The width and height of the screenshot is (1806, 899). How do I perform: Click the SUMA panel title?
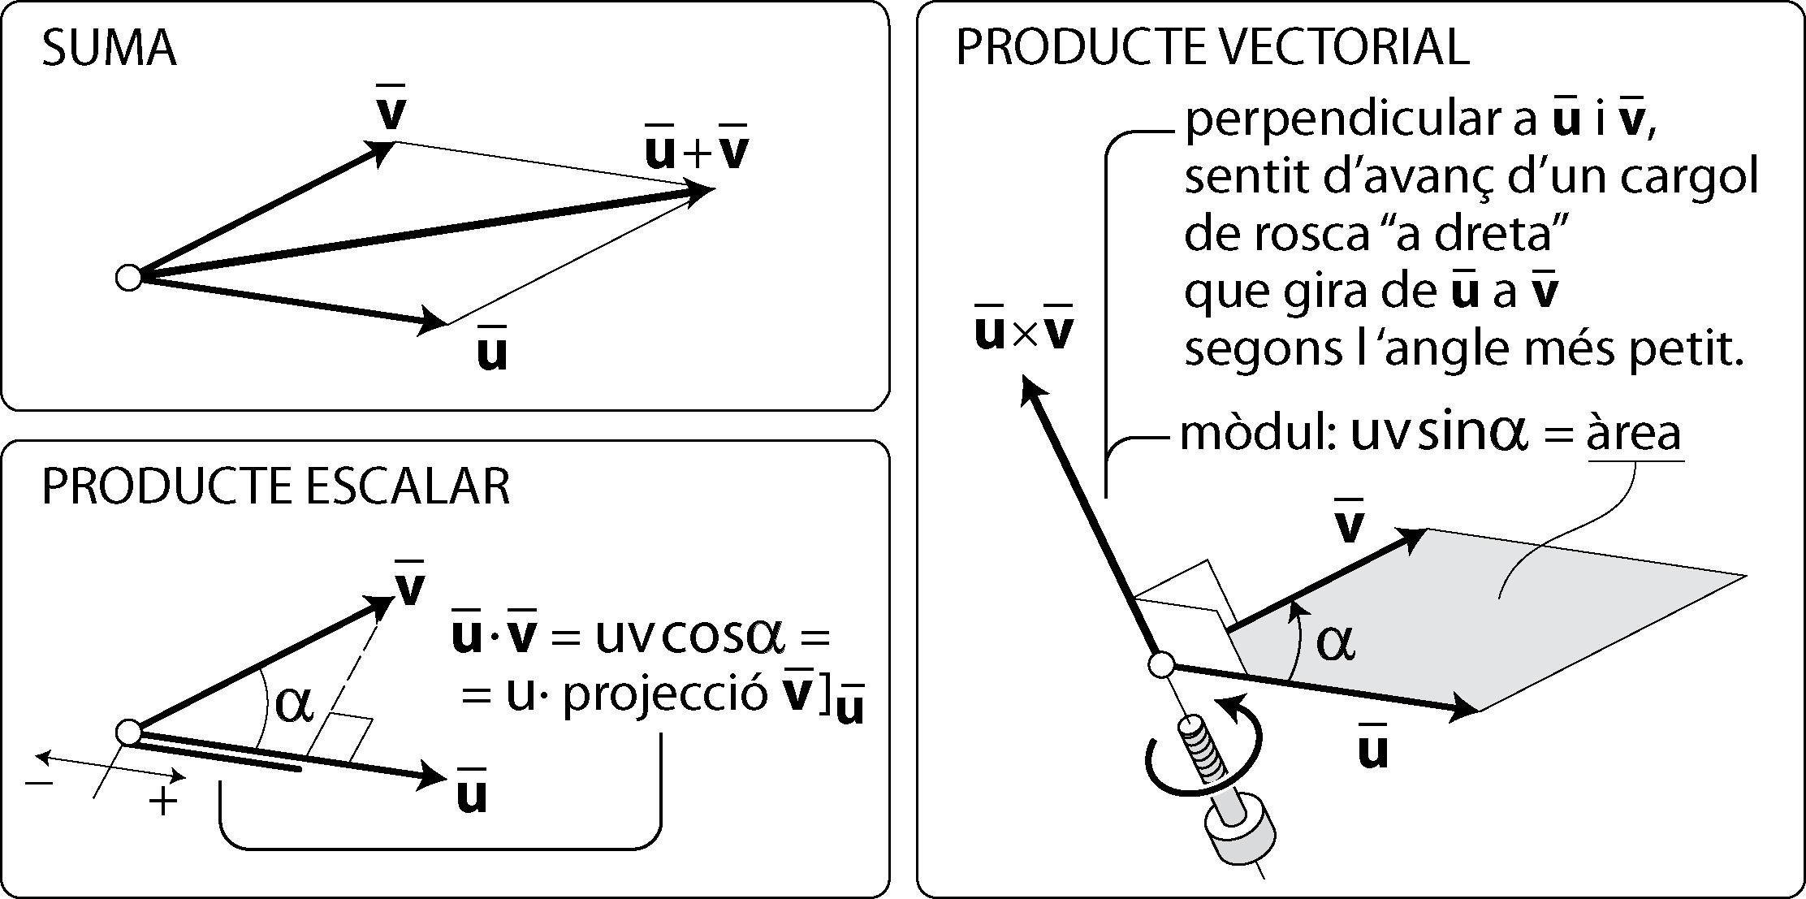click(108, 49)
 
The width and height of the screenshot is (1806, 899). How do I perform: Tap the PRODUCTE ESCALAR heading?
click(275, 487)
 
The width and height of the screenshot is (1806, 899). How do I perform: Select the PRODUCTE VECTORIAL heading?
click(1212, 46)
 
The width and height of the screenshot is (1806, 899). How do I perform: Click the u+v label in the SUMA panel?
click(696, 149)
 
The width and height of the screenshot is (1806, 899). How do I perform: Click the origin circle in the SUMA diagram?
click(128, 278)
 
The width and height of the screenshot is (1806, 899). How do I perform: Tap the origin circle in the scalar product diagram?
click(128, 732)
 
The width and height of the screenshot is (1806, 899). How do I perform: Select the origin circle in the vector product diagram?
click(1161, 664)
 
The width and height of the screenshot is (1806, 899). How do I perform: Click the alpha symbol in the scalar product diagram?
click(294, 703)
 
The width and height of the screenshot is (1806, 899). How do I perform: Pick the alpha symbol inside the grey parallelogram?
click(1335, 644)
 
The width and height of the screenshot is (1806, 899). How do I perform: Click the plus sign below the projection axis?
click(163, 802)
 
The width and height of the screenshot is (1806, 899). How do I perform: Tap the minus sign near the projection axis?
click(39, 783)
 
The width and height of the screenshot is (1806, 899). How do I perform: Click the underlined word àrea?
click(1635, 435)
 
